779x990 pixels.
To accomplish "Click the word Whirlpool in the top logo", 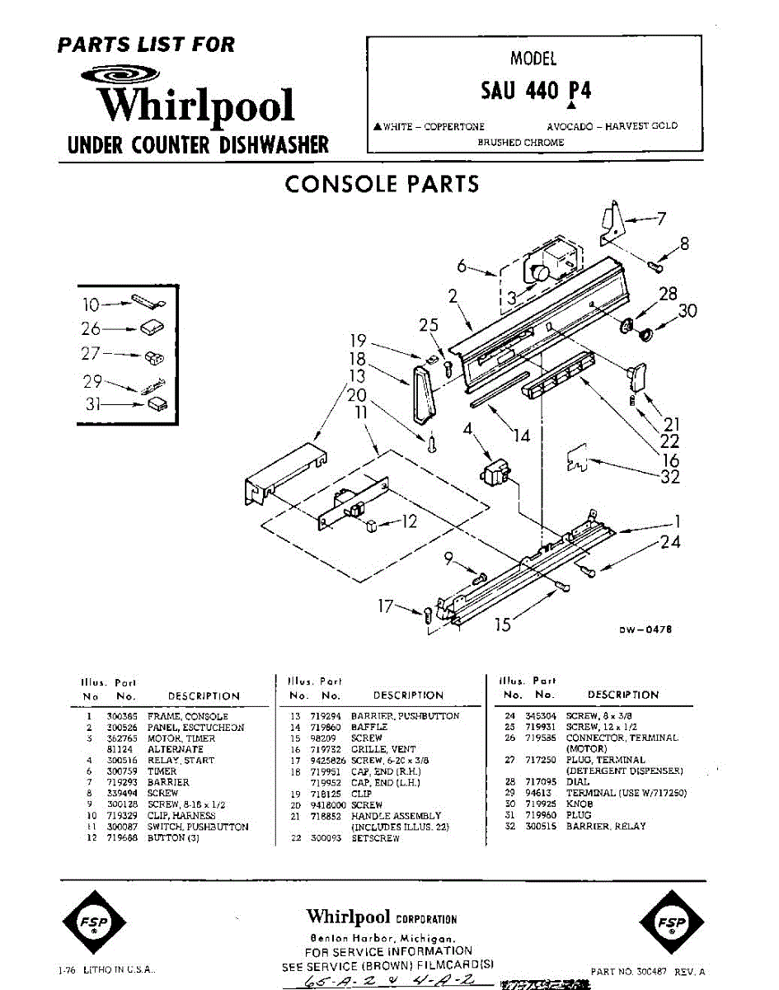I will tap(196, 106).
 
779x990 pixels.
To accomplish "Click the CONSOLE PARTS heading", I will tap(382, 183).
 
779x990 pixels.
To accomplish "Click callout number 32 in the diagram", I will tap(669, 477).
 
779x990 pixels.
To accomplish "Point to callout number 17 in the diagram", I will tap(386, 607).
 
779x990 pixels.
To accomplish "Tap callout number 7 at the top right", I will tap(660, 219).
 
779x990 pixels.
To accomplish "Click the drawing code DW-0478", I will tap(646, 629).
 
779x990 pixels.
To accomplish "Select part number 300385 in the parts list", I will tap(122, 717).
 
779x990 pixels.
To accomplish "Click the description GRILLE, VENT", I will tap(378, 748).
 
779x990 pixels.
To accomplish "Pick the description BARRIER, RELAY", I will tap(606, 826).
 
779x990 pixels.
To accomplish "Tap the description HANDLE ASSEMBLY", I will tap(396, 815).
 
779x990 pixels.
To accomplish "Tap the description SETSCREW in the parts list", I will tap(375, 837).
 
